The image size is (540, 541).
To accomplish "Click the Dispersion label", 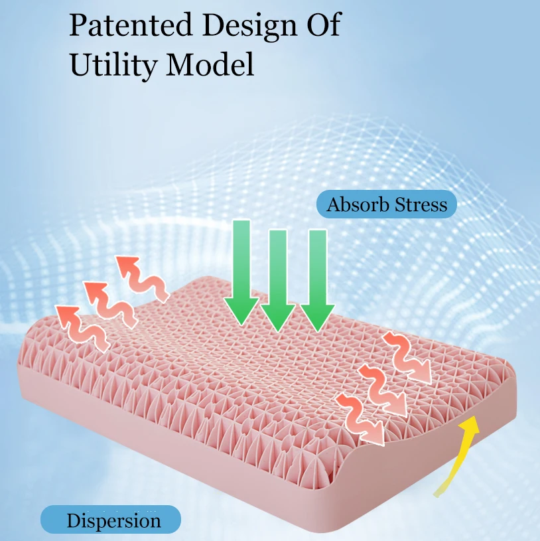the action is click(x=113, y=520).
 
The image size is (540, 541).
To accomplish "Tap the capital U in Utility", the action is click(x=78, y=64).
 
